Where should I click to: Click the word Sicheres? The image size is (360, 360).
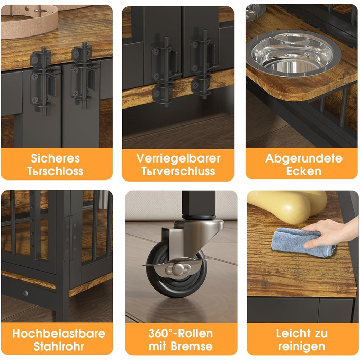coord(56,158)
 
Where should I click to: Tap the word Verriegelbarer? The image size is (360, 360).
coord(178,158)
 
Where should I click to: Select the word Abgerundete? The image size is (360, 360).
coord(303,158)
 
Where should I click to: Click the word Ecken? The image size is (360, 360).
coord(303,171)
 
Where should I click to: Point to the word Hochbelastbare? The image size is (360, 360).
coord(59,334)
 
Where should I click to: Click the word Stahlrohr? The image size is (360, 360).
coord(59,347)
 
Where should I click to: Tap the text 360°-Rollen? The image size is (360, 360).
coord(181,333)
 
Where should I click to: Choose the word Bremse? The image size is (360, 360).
coord(192,346)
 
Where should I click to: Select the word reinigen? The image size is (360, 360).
coord(302,347)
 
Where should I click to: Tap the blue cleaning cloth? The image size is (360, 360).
coord(302,242)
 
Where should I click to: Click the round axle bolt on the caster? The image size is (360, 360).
coord(178,268)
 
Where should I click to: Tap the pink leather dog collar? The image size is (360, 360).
coord(29,20)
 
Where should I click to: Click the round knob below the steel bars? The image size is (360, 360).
coord(26,293)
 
